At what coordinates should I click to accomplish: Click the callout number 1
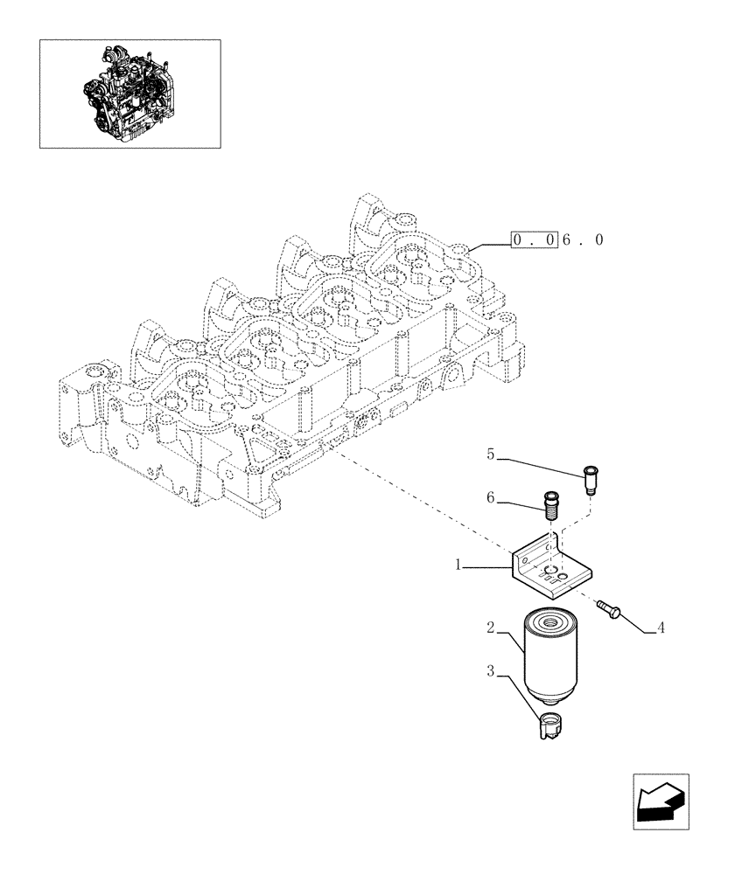pyautogui.click(x=458, y=565)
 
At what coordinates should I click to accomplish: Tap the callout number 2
pyautogui.click(x=491, y=628)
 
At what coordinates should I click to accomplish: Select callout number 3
pyautogui.click(x=491, y=671)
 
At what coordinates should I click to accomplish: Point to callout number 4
pyautogui.click(x=661, y=627)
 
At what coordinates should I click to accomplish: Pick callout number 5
pyautogui.click(x=491, y=454)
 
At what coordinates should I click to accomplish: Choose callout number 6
pyautogui.click(x=491, y=497)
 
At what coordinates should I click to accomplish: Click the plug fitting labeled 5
pyautogui.click(x=591, y=480)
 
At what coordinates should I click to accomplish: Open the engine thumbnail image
pyautogui.click(x=129, y=93)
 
